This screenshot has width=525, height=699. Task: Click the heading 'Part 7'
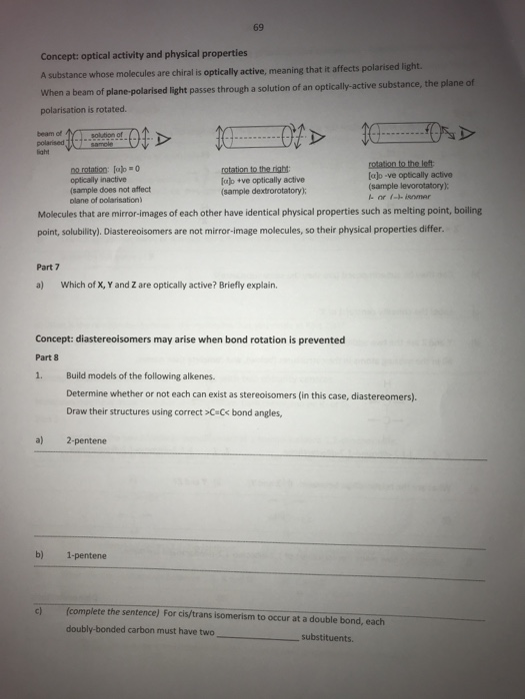pyautogui.click(x=48, y=267)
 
